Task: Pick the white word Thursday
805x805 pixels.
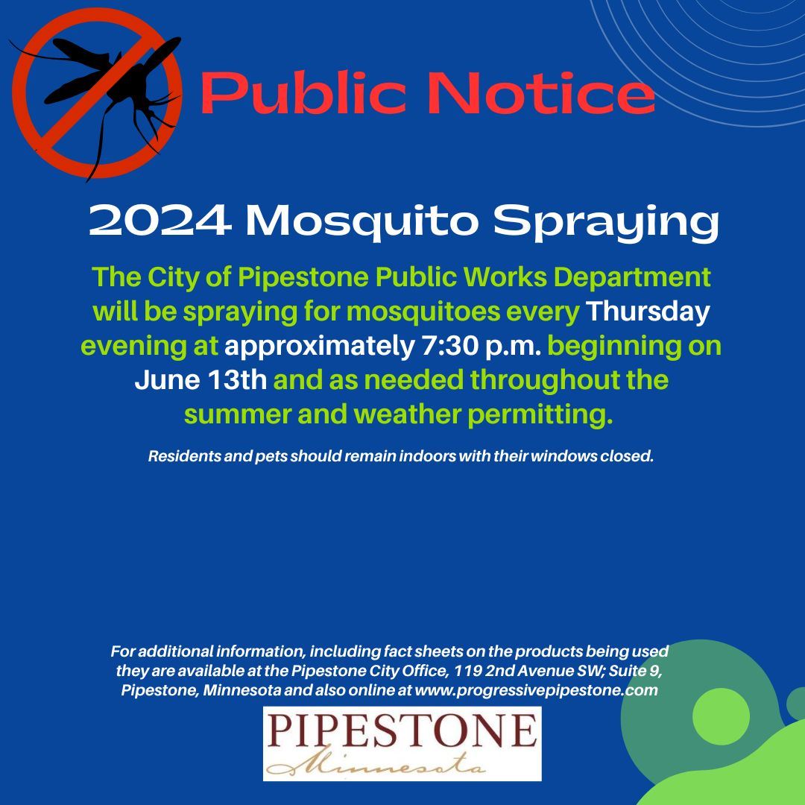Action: [648, 312]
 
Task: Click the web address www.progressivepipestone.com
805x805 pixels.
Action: [536, 690]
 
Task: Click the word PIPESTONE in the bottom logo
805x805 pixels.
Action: [402, 732]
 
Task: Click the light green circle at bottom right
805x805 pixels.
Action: [720, 716]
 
